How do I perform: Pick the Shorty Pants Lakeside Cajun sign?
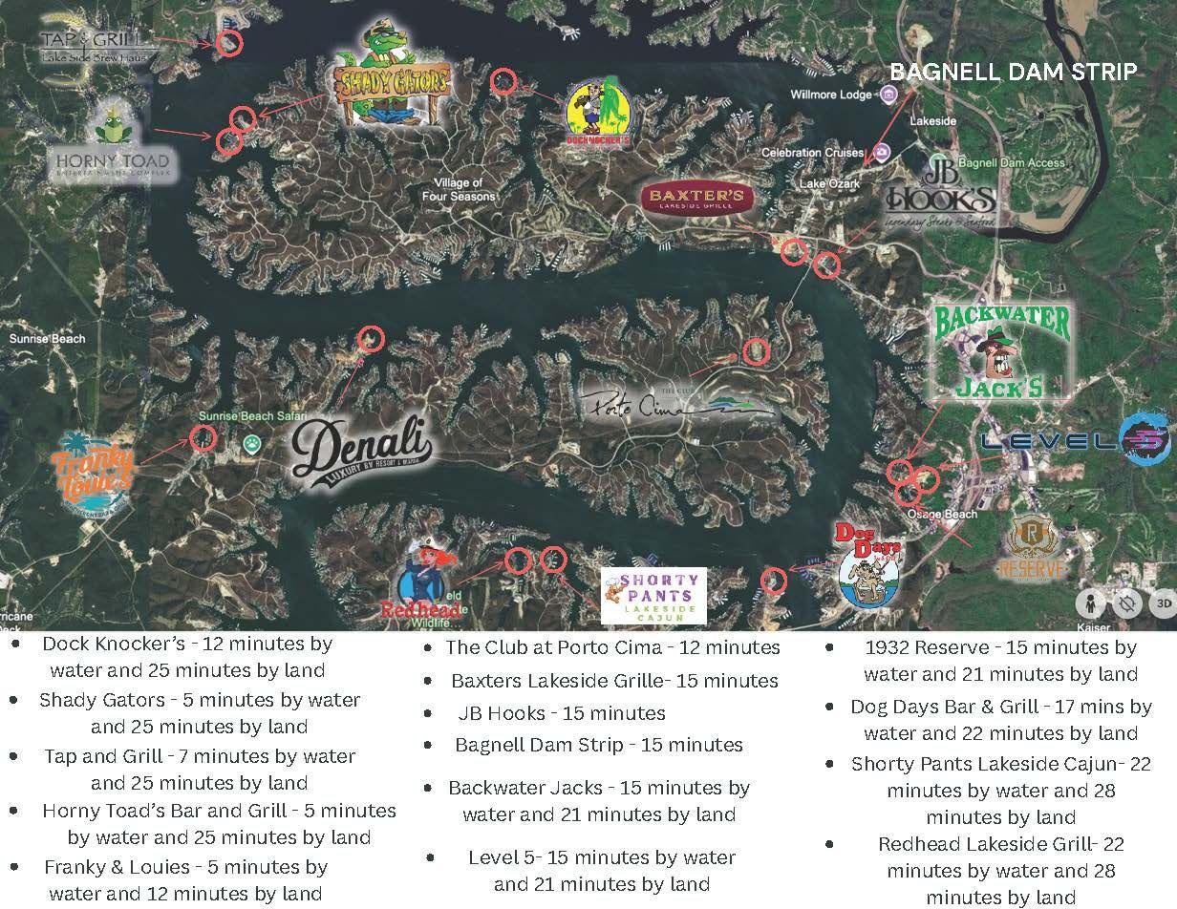point(653,595)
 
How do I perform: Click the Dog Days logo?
point(867,567)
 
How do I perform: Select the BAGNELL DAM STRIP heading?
point(1014,72)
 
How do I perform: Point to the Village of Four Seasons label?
point(459,189)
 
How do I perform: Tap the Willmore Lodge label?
point(830,95)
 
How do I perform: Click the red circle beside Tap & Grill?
point(229,42)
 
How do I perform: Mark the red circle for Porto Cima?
point(756,351)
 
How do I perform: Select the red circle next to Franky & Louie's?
point(203,438)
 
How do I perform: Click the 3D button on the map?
point(1163,602)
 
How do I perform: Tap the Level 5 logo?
point(1075,440)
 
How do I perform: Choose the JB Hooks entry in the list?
point(560,712)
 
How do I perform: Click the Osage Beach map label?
point(942,515)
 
